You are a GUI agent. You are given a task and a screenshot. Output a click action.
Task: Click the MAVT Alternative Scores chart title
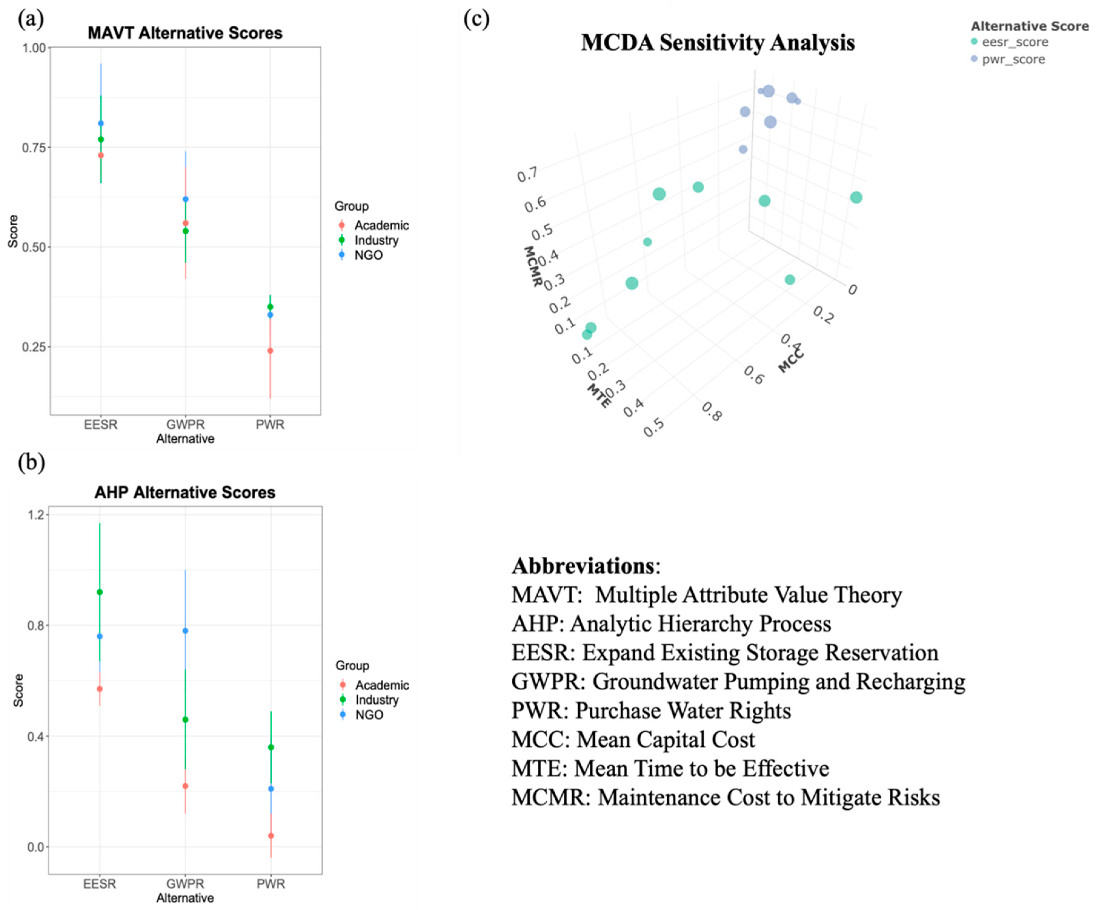coord(185,33)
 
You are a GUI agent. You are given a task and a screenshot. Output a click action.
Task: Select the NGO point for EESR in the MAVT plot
coord(101,123)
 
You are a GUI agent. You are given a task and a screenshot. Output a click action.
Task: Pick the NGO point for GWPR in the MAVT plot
coord(185,199)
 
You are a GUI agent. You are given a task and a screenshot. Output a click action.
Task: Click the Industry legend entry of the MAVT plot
coord(376,240)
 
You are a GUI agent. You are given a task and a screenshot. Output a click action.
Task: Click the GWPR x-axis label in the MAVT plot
coord(185,425)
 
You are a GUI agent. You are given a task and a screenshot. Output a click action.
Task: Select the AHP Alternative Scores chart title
coord(185,492)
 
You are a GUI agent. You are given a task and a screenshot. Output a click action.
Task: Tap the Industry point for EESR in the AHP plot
coord(100,592)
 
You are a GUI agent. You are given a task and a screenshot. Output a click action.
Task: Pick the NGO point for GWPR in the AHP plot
coord(185,631)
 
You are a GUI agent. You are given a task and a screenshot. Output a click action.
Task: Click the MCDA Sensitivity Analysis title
coord(718,42)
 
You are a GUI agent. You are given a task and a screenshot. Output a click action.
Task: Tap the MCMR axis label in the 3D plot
coord(532,266)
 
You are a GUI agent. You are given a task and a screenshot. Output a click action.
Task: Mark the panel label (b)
coord(31,462)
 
